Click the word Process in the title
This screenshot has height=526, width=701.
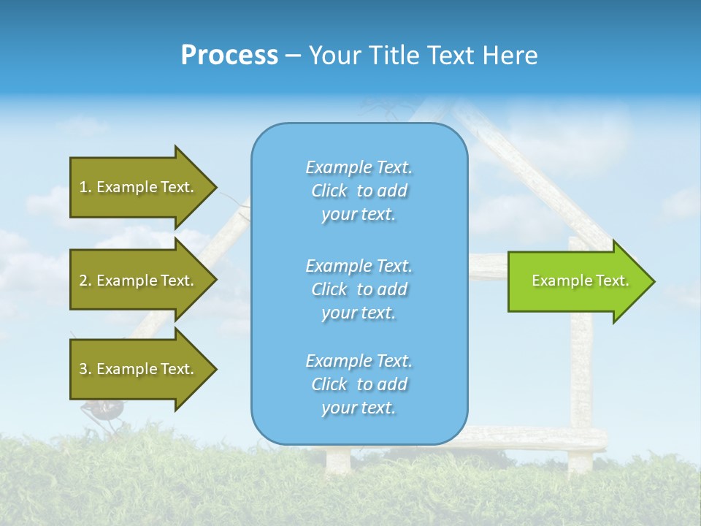click(229, 56)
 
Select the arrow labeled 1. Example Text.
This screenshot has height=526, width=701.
click(139, 187)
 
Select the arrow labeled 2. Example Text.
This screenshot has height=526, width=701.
click(139, 281)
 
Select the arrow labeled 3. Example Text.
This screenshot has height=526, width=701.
click(139, 369)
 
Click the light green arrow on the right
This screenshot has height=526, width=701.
click(577, 281)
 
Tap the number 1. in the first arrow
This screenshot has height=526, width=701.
click(85, 187)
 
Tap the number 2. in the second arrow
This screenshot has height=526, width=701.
click(85, 281)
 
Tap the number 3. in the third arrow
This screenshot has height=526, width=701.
click(85, 369)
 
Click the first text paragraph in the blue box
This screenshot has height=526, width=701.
click(359, 191)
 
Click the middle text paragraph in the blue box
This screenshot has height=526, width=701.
click(359, 289)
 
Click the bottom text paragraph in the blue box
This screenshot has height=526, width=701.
click(359, 384)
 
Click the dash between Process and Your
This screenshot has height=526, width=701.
click(293, 56)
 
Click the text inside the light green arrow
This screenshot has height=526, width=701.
click(580, 281)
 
